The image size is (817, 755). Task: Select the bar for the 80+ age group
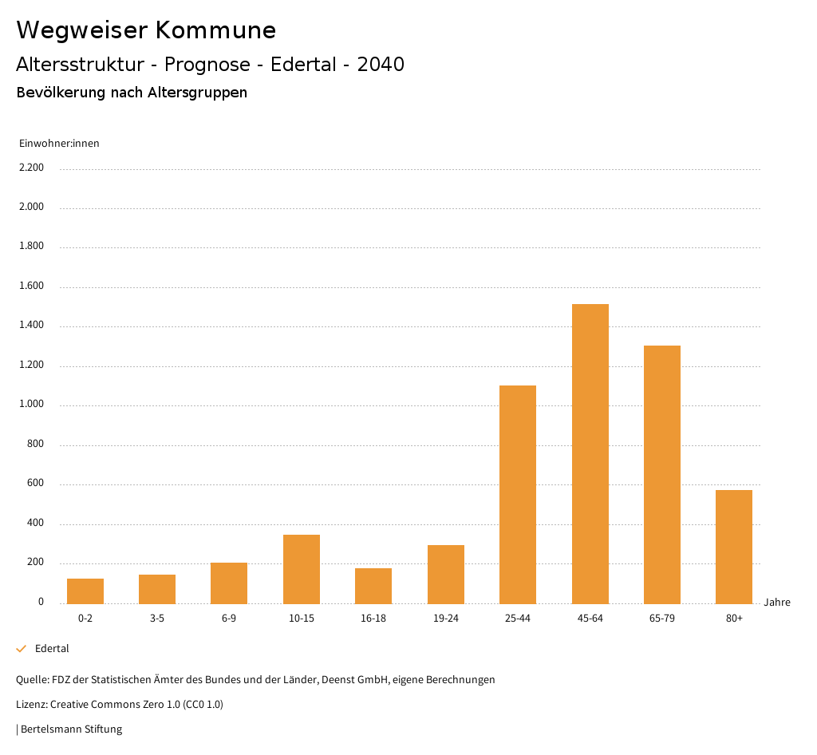pos(734,547)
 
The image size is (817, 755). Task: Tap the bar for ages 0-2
pos(85,591)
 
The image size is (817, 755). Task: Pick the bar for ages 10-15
pos(302,569)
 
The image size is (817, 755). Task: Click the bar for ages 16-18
pos(373,586)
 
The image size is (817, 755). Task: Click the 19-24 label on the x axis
pos(446,619)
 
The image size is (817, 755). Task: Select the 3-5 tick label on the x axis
pos(157,619)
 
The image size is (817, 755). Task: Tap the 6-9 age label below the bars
pos(229,619)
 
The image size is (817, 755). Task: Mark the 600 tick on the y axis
pos(35,484)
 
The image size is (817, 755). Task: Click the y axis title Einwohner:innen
pos(59,144)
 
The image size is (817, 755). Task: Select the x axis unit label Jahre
pos(777,603)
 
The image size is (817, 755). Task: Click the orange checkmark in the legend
pos(22,649)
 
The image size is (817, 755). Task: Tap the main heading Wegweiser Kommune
pos(146,30)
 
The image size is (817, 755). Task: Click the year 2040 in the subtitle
pos(381,65)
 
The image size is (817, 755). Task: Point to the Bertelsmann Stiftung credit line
pos(70,729)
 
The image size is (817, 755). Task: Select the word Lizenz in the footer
pos(31,705)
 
